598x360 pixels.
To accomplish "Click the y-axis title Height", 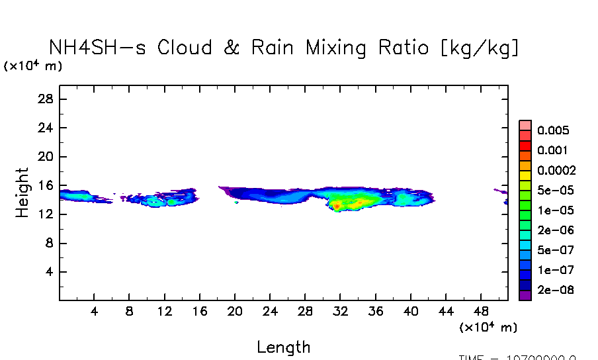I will pyautogui.click(x=22, y=193).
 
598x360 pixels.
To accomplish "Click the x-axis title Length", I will pyautogui.click(x=283, y=347).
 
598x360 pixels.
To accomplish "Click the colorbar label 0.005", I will pyautogui.click(x=553, y=130).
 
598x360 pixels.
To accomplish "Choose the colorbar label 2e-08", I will pyautogui.click(x=556, y=290).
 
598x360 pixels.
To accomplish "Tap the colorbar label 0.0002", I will pyautogui.click(x=556, y=170).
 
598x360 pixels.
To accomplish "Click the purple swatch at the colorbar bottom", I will pyautogui.click(x=525, y=296).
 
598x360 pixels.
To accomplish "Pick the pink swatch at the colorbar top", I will pyautogui.click(x=525, y=125).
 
